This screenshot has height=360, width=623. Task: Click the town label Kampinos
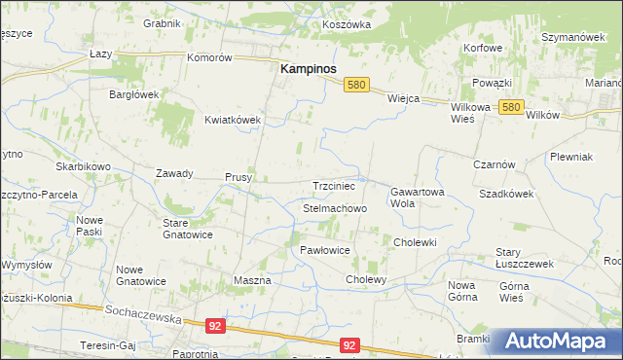tap(309, 70)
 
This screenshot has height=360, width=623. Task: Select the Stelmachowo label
tap(335, 209)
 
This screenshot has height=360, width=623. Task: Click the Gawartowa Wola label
tap(417, 198)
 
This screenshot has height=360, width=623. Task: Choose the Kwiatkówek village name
tap(233, 120)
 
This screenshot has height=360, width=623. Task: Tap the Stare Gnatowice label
tap(187, 229)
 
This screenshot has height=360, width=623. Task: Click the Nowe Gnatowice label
tap(141, 275)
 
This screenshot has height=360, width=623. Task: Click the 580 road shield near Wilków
tap(513, 108)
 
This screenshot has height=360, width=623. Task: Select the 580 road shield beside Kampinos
tap(357, 86)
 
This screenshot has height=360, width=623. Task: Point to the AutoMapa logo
tap(556, 341)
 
